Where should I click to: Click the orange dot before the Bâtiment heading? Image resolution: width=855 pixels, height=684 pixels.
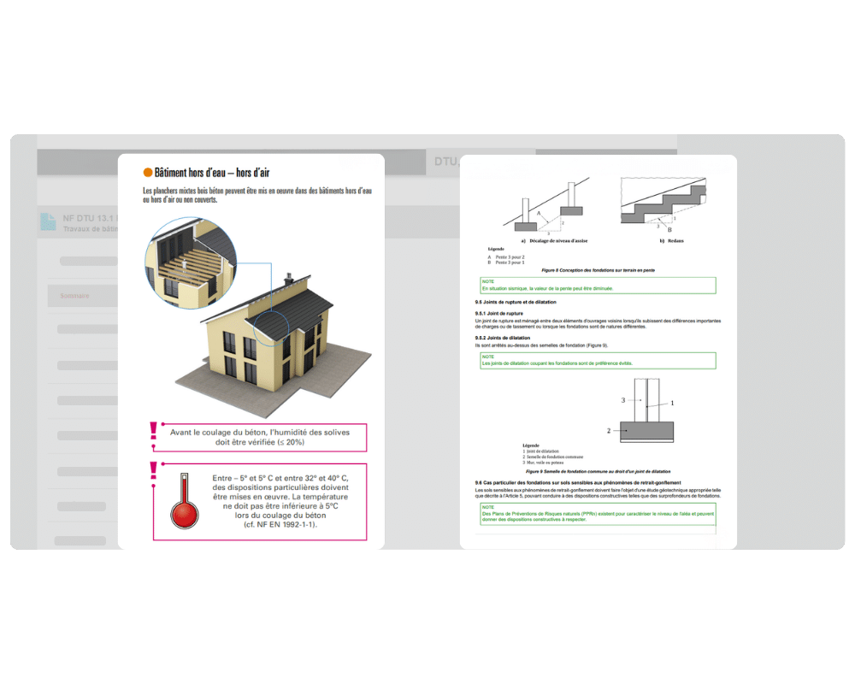(148, 172)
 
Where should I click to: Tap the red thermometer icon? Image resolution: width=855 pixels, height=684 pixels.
(184, 504)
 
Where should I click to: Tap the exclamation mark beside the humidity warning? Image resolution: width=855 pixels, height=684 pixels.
(153, 430)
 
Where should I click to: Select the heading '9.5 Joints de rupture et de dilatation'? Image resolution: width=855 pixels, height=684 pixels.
(516, 303)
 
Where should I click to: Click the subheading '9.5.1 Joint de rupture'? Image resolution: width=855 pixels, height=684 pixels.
(503, 314)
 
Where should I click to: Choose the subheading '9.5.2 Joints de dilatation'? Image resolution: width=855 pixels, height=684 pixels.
(505, 338)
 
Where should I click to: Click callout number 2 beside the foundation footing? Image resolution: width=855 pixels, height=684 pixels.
(609, 431)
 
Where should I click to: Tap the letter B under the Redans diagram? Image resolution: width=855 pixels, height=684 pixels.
(669, 230)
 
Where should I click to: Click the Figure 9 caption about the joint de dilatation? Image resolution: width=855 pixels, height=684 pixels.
(598, 471)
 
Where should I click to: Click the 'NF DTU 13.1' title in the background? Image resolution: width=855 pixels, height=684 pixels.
(82, 219)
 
